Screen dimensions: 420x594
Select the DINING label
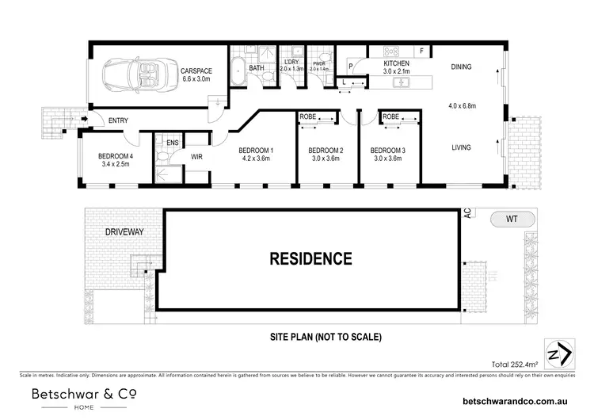[461, 67]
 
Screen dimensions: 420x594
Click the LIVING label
[462, 147]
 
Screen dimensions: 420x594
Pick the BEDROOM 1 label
[256, 151]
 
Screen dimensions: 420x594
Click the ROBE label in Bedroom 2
[307, 117]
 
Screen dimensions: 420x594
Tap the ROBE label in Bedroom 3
[390, 117]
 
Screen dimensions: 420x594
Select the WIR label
[197, 157]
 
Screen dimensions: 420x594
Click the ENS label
[172, 143]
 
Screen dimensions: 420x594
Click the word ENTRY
[118, 120]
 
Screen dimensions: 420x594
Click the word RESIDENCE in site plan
[310, 258]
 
